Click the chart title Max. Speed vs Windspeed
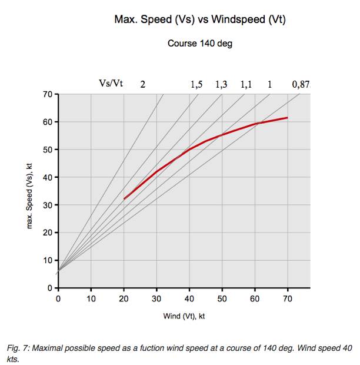click(199, 20)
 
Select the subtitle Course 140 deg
click(199, 44)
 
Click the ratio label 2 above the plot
click(142, 85)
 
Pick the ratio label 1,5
click(196, 85)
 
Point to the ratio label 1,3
click(221, 85)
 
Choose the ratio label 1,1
click(246, 85)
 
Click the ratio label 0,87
click(300, 85)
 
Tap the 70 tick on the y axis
click(48, 94)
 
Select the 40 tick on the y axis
click(48, 177)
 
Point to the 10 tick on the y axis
click(48, 260)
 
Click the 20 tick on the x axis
click(124, 298)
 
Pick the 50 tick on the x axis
click(222, 298)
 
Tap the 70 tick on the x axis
click(288, 298)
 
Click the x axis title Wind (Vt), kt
click(184, 316)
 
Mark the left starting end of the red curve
click(124, 199)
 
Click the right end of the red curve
click(288, 118)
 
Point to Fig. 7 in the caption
click(18, 349)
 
